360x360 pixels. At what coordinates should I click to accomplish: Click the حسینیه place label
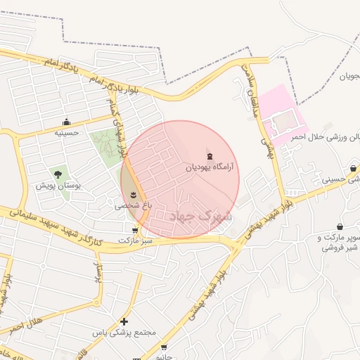67,132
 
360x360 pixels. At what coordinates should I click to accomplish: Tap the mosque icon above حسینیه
67,122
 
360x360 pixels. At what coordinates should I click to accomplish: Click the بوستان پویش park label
59,186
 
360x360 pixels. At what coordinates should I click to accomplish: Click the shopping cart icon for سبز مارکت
134,229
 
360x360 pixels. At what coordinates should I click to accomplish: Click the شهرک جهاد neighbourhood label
201,216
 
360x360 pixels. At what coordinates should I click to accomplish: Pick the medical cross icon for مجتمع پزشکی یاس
124,321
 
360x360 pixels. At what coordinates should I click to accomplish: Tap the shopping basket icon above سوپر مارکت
341,227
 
